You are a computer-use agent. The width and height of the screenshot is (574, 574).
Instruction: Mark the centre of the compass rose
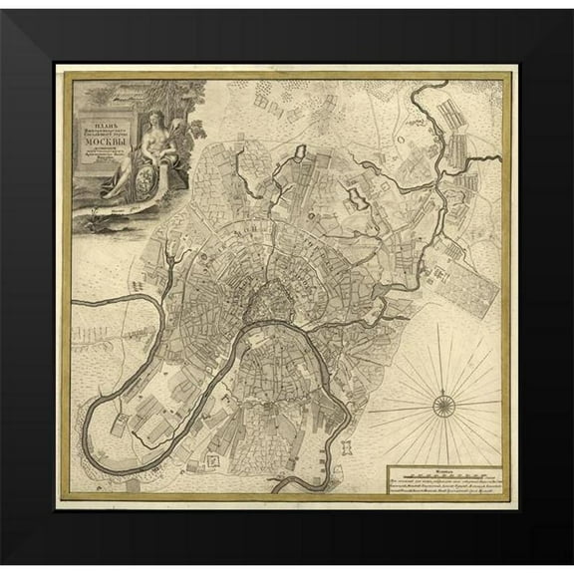coord(443,402)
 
